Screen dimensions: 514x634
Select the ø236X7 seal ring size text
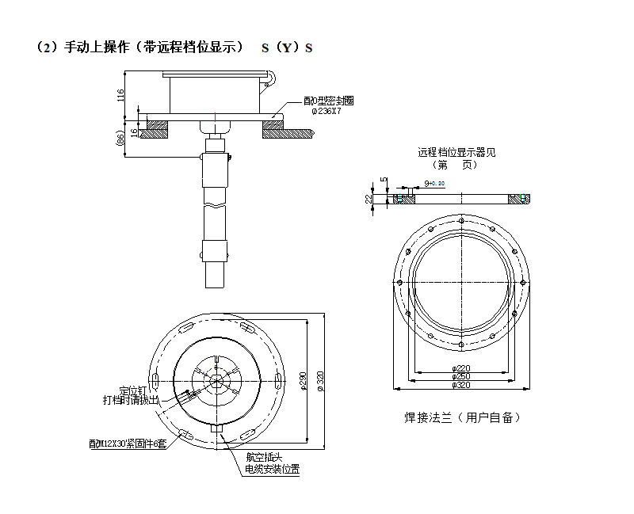(x=326, y=112)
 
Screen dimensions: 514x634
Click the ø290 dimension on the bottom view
(x=304, y=382)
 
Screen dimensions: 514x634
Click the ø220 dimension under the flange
(x=460, y=368)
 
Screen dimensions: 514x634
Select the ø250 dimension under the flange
(x=460, y=377)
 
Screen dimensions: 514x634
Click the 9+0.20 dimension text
(x=434, y=183)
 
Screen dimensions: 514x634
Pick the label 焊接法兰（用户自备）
(x=463, y=417)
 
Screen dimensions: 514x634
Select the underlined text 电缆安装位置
(x=272, y=469)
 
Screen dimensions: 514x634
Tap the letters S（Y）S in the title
(x=287, y=48)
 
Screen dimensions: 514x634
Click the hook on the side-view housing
(x=272, y=77)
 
